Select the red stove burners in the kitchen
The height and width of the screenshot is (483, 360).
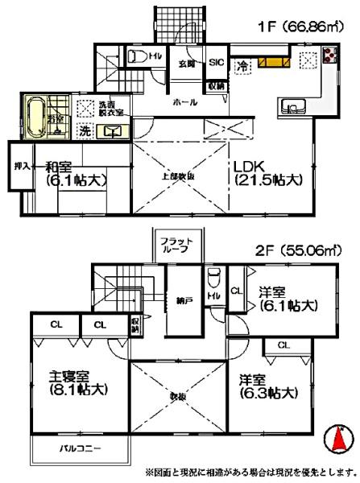(x=330, y=56)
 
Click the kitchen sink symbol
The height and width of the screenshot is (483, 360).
(x=290, y=105)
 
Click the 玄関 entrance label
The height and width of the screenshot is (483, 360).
(x=186, y=62)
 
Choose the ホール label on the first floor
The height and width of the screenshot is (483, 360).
(x=184, y=104)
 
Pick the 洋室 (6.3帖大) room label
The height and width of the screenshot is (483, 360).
(x=267, y=385)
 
